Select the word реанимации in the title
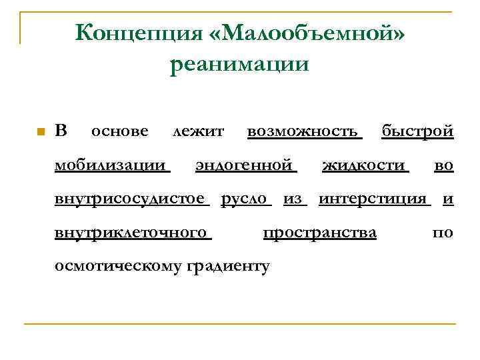tap(239, 65)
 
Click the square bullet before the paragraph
tap(40, 131)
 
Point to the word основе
tap(119, 131)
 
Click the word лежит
tap(198, 131)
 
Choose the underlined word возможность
tap(304, 131)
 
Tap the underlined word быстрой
tap(417, 131)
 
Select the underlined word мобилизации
tap(111, 165)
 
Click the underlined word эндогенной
tap(245, 165)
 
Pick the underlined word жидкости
tap(364, 165)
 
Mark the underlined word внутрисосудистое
tap(131, 198)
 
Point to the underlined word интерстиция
tap(373, 198)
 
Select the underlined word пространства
tap(320, 232)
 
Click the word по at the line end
tap(443, 232)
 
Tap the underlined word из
tap(293, 198)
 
